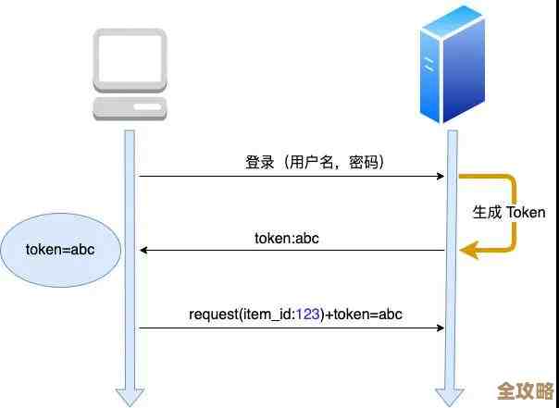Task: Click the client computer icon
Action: coord(130,74)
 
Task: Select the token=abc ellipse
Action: coord(61,250)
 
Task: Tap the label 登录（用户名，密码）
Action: coord(315,162)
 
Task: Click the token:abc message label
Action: coord(287,238)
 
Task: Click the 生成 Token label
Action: coord(509,212)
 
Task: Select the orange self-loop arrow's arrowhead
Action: coord(468,249)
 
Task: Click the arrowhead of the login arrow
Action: coord(440,176)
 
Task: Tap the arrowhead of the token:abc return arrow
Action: coord(144,250)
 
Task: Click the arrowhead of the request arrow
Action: coord(440,327)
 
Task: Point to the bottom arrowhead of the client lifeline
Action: coord(130,396)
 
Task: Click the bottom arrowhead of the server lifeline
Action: coord(452,396)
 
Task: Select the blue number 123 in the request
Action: coord(308,314)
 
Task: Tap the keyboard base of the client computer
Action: coord(130,110)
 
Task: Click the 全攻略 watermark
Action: coord(527,389)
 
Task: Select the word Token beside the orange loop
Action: coord(526,212)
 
